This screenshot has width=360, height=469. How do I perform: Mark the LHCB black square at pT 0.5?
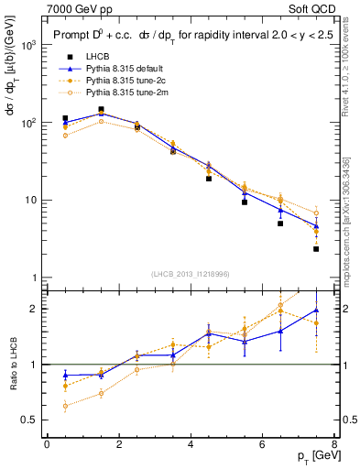point(65,118)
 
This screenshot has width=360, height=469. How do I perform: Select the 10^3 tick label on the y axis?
point(27,45)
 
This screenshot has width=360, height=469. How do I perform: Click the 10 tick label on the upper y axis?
point(29,200)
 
